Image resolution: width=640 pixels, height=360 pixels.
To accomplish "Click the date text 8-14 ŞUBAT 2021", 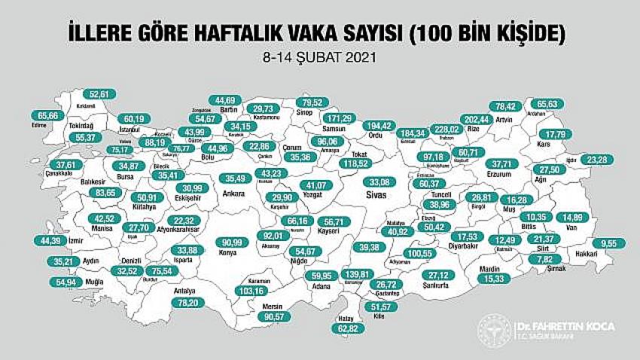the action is click(319, 56).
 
